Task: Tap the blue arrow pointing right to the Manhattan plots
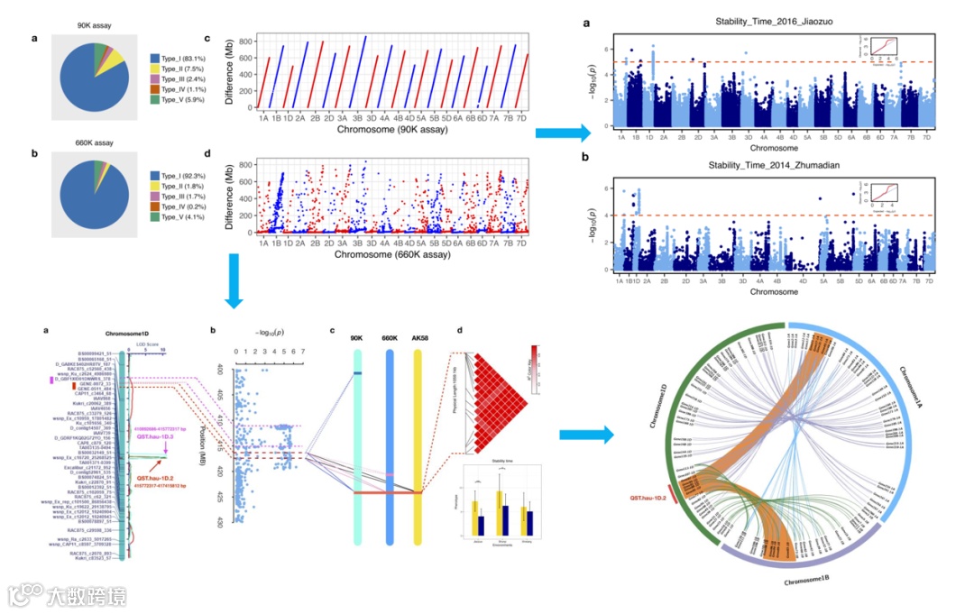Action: click(x=563, y=134)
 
